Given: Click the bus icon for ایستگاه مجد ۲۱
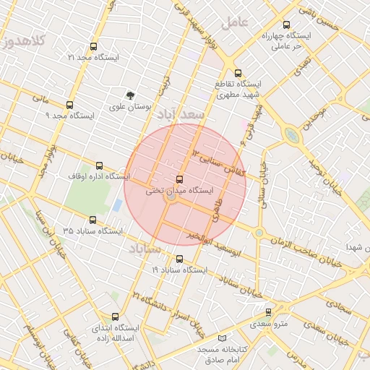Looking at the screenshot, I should coord(92,46).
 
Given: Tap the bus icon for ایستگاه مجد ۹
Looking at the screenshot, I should coord(69,105).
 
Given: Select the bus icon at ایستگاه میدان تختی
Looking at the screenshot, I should coord(179,179).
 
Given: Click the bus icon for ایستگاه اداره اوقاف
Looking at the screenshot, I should coord(99,165).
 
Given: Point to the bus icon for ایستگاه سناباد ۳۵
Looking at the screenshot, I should coord(92,220).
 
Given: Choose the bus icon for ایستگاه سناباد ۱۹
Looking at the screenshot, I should coord(179,259).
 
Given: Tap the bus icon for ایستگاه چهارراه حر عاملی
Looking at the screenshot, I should coord(287,25).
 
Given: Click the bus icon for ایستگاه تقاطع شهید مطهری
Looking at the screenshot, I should coord(238,72).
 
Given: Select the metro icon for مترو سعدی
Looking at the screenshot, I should coord(269,312).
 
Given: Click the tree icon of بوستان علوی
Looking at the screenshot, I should coord(130,95).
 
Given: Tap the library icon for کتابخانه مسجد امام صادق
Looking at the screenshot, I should coord(221,338).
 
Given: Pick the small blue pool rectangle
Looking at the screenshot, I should coord(117,205).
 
